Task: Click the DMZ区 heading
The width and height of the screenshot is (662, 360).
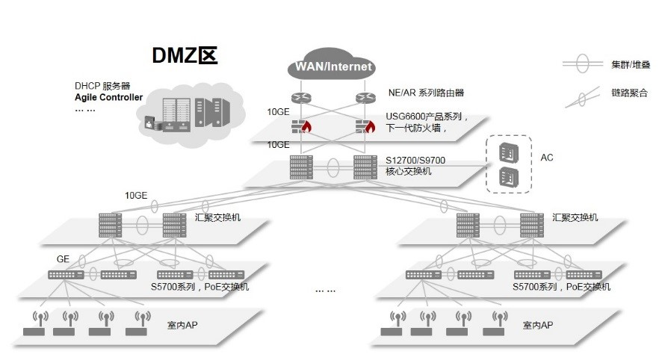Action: click(185, 56)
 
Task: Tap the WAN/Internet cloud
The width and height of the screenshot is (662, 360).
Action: click(333, 66)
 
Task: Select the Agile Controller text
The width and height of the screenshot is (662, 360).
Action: click(108, 98)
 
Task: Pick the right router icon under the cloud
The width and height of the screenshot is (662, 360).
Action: click(365, 97)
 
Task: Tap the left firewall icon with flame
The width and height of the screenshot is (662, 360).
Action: click(301, 126)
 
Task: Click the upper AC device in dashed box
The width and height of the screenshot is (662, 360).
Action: click(507, 152)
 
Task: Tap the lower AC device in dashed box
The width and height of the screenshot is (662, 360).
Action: click(507, 178)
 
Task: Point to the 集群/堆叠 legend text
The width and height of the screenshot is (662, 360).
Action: click(630, 65)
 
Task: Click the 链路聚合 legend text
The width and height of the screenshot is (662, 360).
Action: click(629, 93)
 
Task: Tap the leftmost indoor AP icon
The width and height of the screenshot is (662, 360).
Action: click(34, 325)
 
